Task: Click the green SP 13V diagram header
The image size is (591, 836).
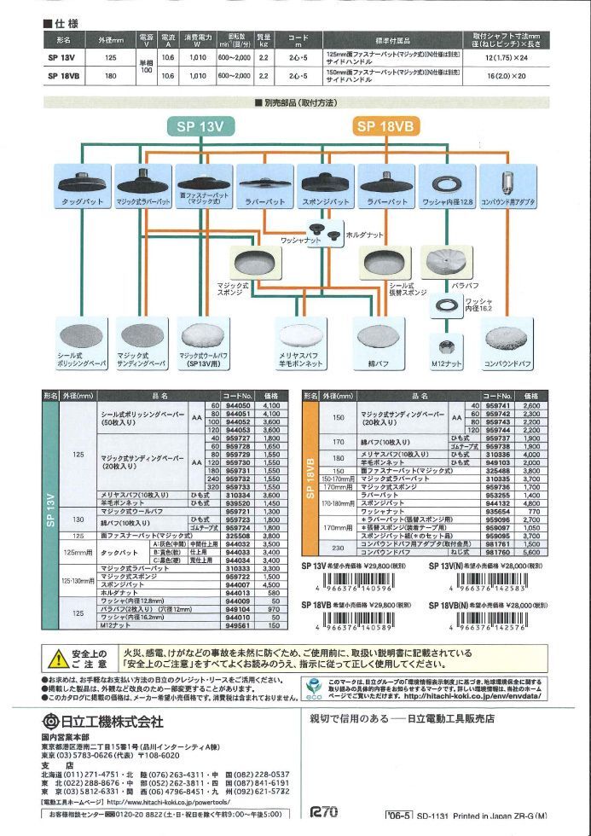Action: tap(200, 126)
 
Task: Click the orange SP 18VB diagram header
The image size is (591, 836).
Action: tap(385, 126)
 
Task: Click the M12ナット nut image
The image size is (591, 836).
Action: tap(444, 346)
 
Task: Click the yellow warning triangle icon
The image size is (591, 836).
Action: tap(58, 658)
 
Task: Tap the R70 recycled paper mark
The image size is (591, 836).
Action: tap(325, 812)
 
